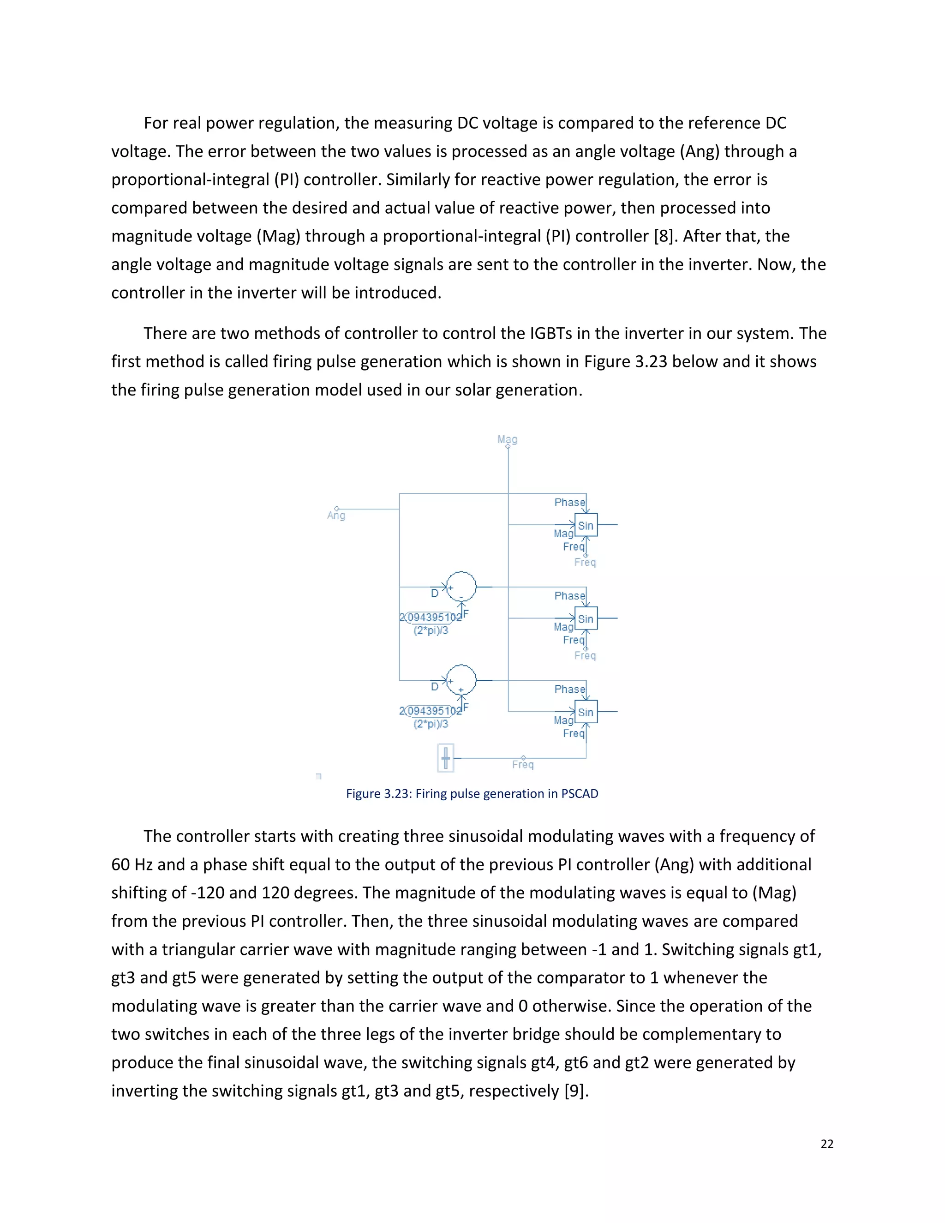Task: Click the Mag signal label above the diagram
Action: [x=507, y=439]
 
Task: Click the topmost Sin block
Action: [x=586, y=525]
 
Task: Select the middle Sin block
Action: [x=586, y=619]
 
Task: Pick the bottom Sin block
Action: [x=586, y=712]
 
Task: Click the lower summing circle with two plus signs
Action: [x=461, y=680]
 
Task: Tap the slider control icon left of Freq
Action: [x=446, y=758]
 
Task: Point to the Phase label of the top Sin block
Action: [x=569, y=502]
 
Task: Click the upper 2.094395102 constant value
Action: [x=431, y=617]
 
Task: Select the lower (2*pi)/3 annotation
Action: [x=431, y=724]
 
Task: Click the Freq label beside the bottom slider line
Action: [x=523, y=765]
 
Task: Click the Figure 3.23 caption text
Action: [x=472, y=793]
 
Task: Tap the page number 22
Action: [x=827, y=1144]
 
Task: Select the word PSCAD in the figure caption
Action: [x=580, y=793]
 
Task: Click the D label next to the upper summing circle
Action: [x=434, y=594]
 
